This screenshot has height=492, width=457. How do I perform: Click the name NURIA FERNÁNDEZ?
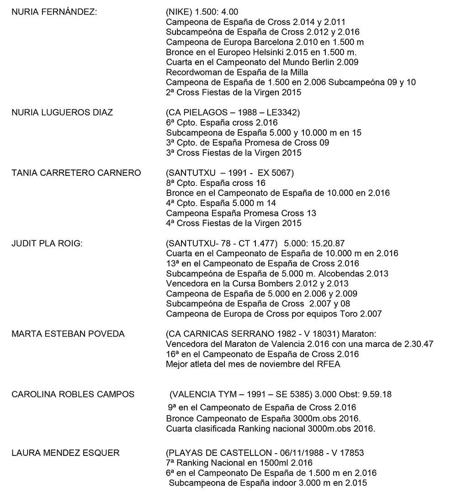click(54, 12)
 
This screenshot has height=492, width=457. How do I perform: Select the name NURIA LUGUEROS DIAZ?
click(62, 113)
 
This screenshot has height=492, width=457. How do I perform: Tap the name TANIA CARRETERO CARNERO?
click(76, 173)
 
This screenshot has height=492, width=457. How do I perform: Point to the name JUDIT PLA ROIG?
click(47, 243)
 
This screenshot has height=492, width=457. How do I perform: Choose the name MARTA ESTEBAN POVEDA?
click(68, 334)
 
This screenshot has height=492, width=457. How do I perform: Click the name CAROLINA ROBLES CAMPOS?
click(73, 394)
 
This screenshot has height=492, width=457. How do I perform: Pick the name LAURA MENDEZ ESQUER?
click(66, 453)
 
